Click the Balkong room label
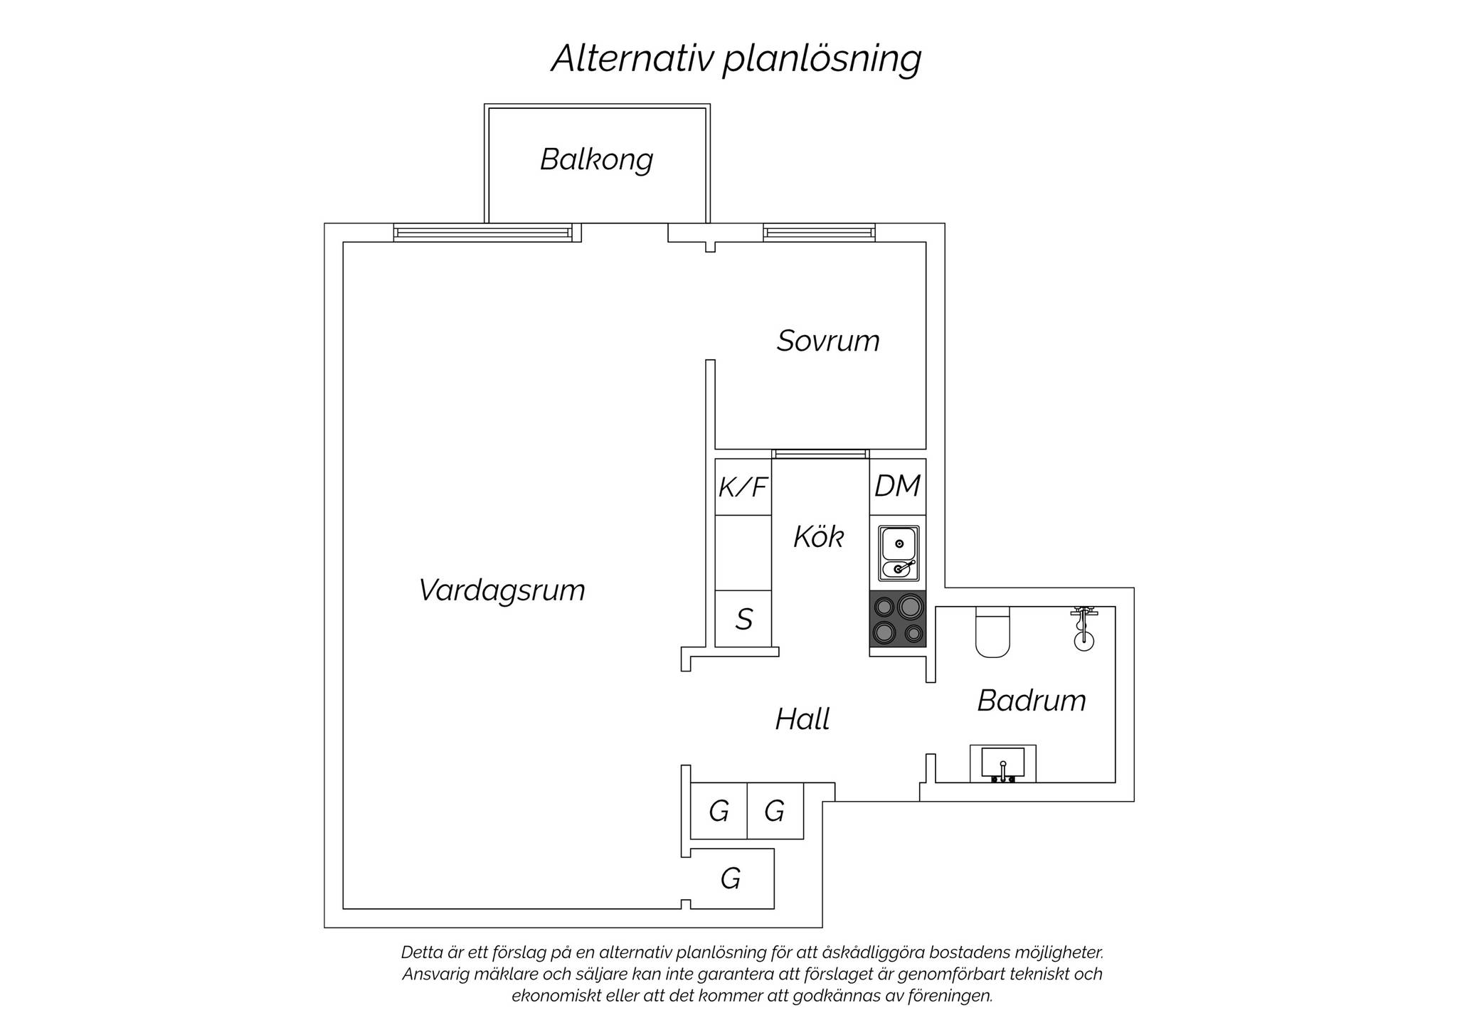click(x=596, y=160)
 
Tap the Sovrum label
click(x=828, y=341)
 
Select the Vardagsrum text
click(x=502, y=590)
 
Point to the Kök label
click(x=819, y=537)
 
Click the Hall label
click(x=802, y=719)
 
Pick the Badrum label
click(x=1032, y=701)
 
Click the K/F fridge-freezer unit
click(x=743, y=487)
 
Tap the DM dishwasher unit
click(x=898, y=487)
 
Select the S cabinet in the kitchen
click(x=743, y=619)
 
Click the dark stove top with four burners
click(x=898, y=619)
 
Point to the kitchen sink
click(x=899, y=553)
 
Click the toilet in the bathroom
click(x=993, y=632)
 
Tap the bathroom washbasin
click(x=1003, y=764)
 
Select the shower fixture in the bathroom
click(x=1084, y=629)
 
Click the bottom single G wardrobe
click(x=732, y=878)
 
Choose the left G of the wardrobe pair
click(x=719, y=811)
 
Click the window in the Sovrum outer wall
click(x=819, y=233)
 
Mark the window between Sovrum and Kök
click(x=820, y=454)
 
